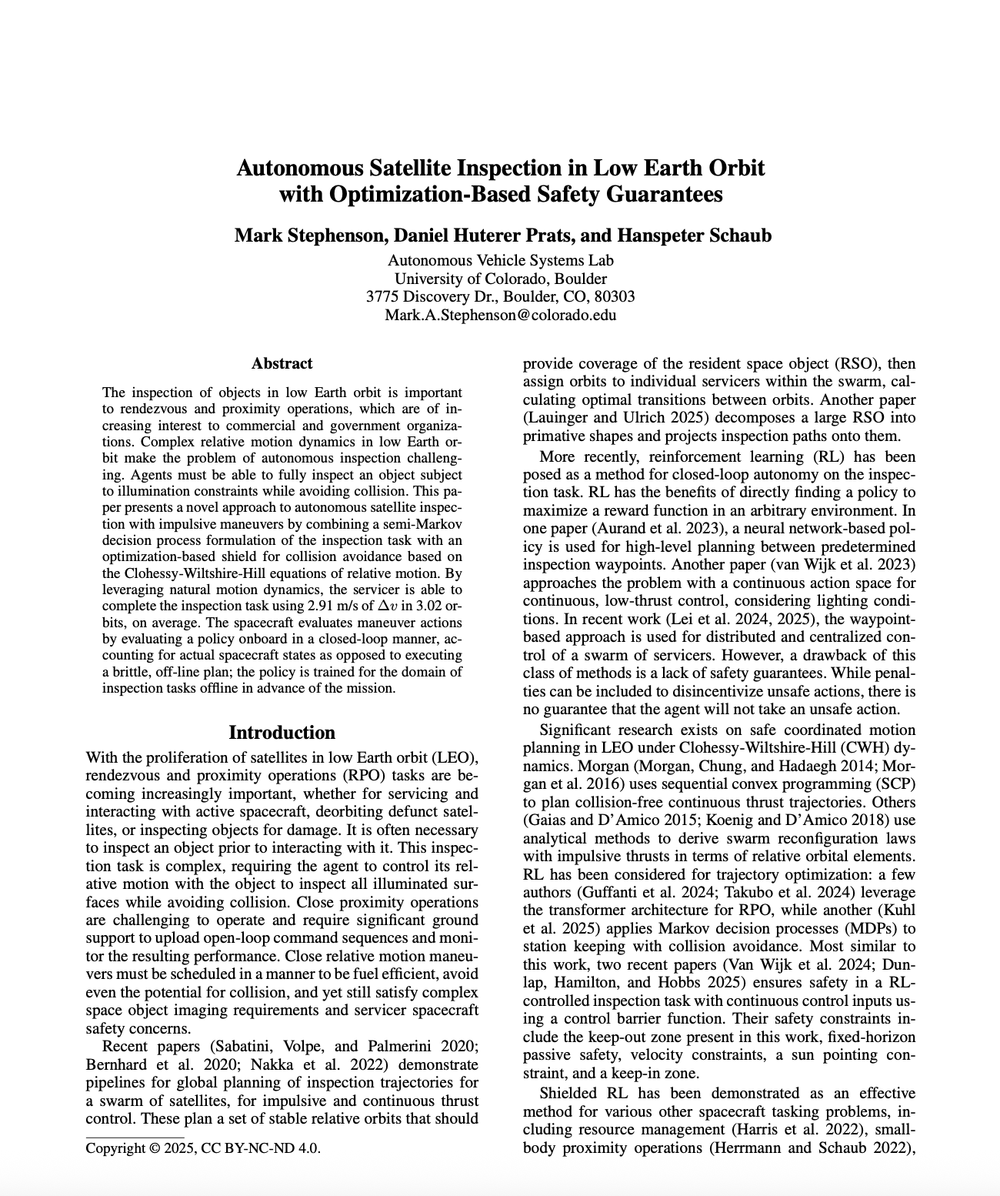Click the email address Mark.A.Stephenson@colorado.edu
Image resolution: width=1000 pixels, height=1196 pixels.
coord(500,315)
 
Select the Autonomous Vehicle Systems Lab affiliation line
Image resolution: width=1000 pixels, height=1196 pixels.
coord(500,260)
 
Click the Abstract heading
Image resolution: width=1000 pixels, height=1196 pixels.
coord(282,363)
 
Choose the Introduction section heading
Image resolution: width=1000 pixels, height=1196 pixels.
coord(282,732)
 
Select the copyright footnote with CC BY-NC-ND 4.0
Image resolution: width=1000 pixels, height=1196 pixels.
coord(203,1148)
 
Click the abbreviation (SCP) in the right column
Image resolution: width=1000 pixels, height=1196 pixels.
coord(894,783)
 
